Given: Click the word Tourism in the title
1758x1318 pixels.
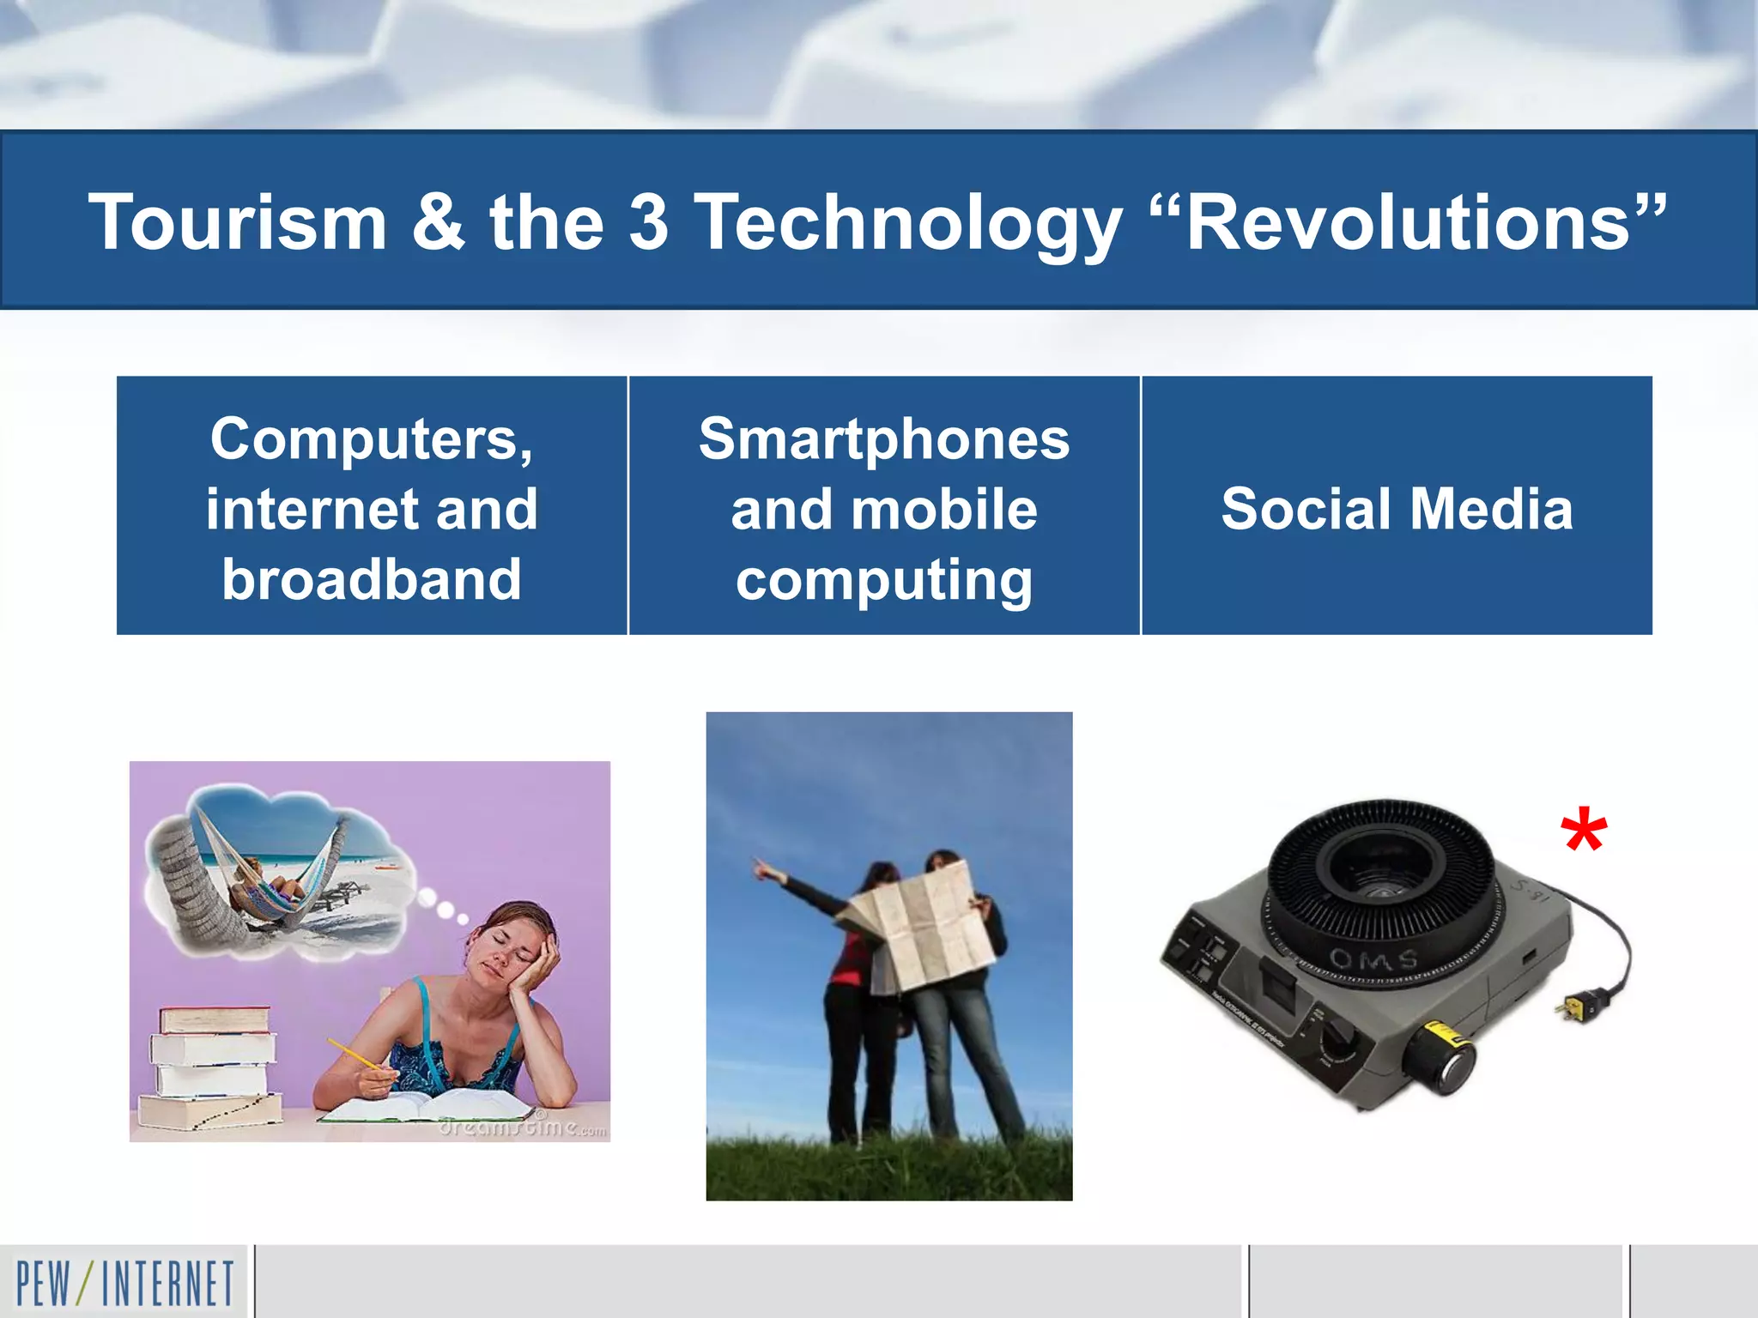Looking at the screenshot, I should pyautogui.click(x=238, y=222).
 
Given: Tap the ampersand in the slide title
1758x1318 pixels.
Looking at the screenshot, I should pyautogui.click(x=438, y=222).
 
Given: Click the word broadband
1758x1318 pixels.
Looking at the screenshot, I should pyautogui.click(x=372, y=579).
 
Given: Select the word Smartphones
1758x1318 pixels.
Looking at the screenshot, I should pyautogui.click(x=884, y=439).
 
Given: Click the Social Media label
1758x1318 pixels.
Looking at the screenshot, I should pyautogui.click(x=1397, y=509).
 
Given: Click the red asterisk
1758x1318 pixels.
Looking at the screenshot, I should pyautogui.click(x=1583, y=831).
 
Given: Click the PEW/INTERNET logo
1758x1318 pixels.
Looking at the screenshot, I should pyautogui.click(x=124, y=1283).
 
